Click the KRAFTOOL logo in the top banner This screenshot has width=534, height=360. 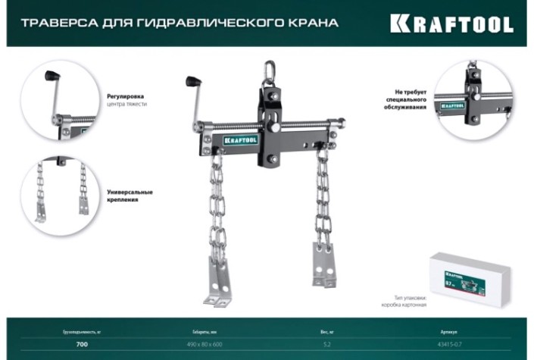coord(451,23)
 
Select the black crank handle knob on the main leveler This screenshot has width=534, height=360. coord(192,80)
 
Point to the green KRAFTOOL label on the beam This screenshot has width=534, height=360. coord(241,139)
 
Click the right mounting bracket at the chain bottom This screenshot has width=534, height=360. coord(324,266)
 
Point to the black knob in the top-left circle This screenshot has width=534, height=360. coord(52,76)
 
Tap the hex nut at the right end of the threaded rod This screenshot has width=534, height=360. coord(340,121)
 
